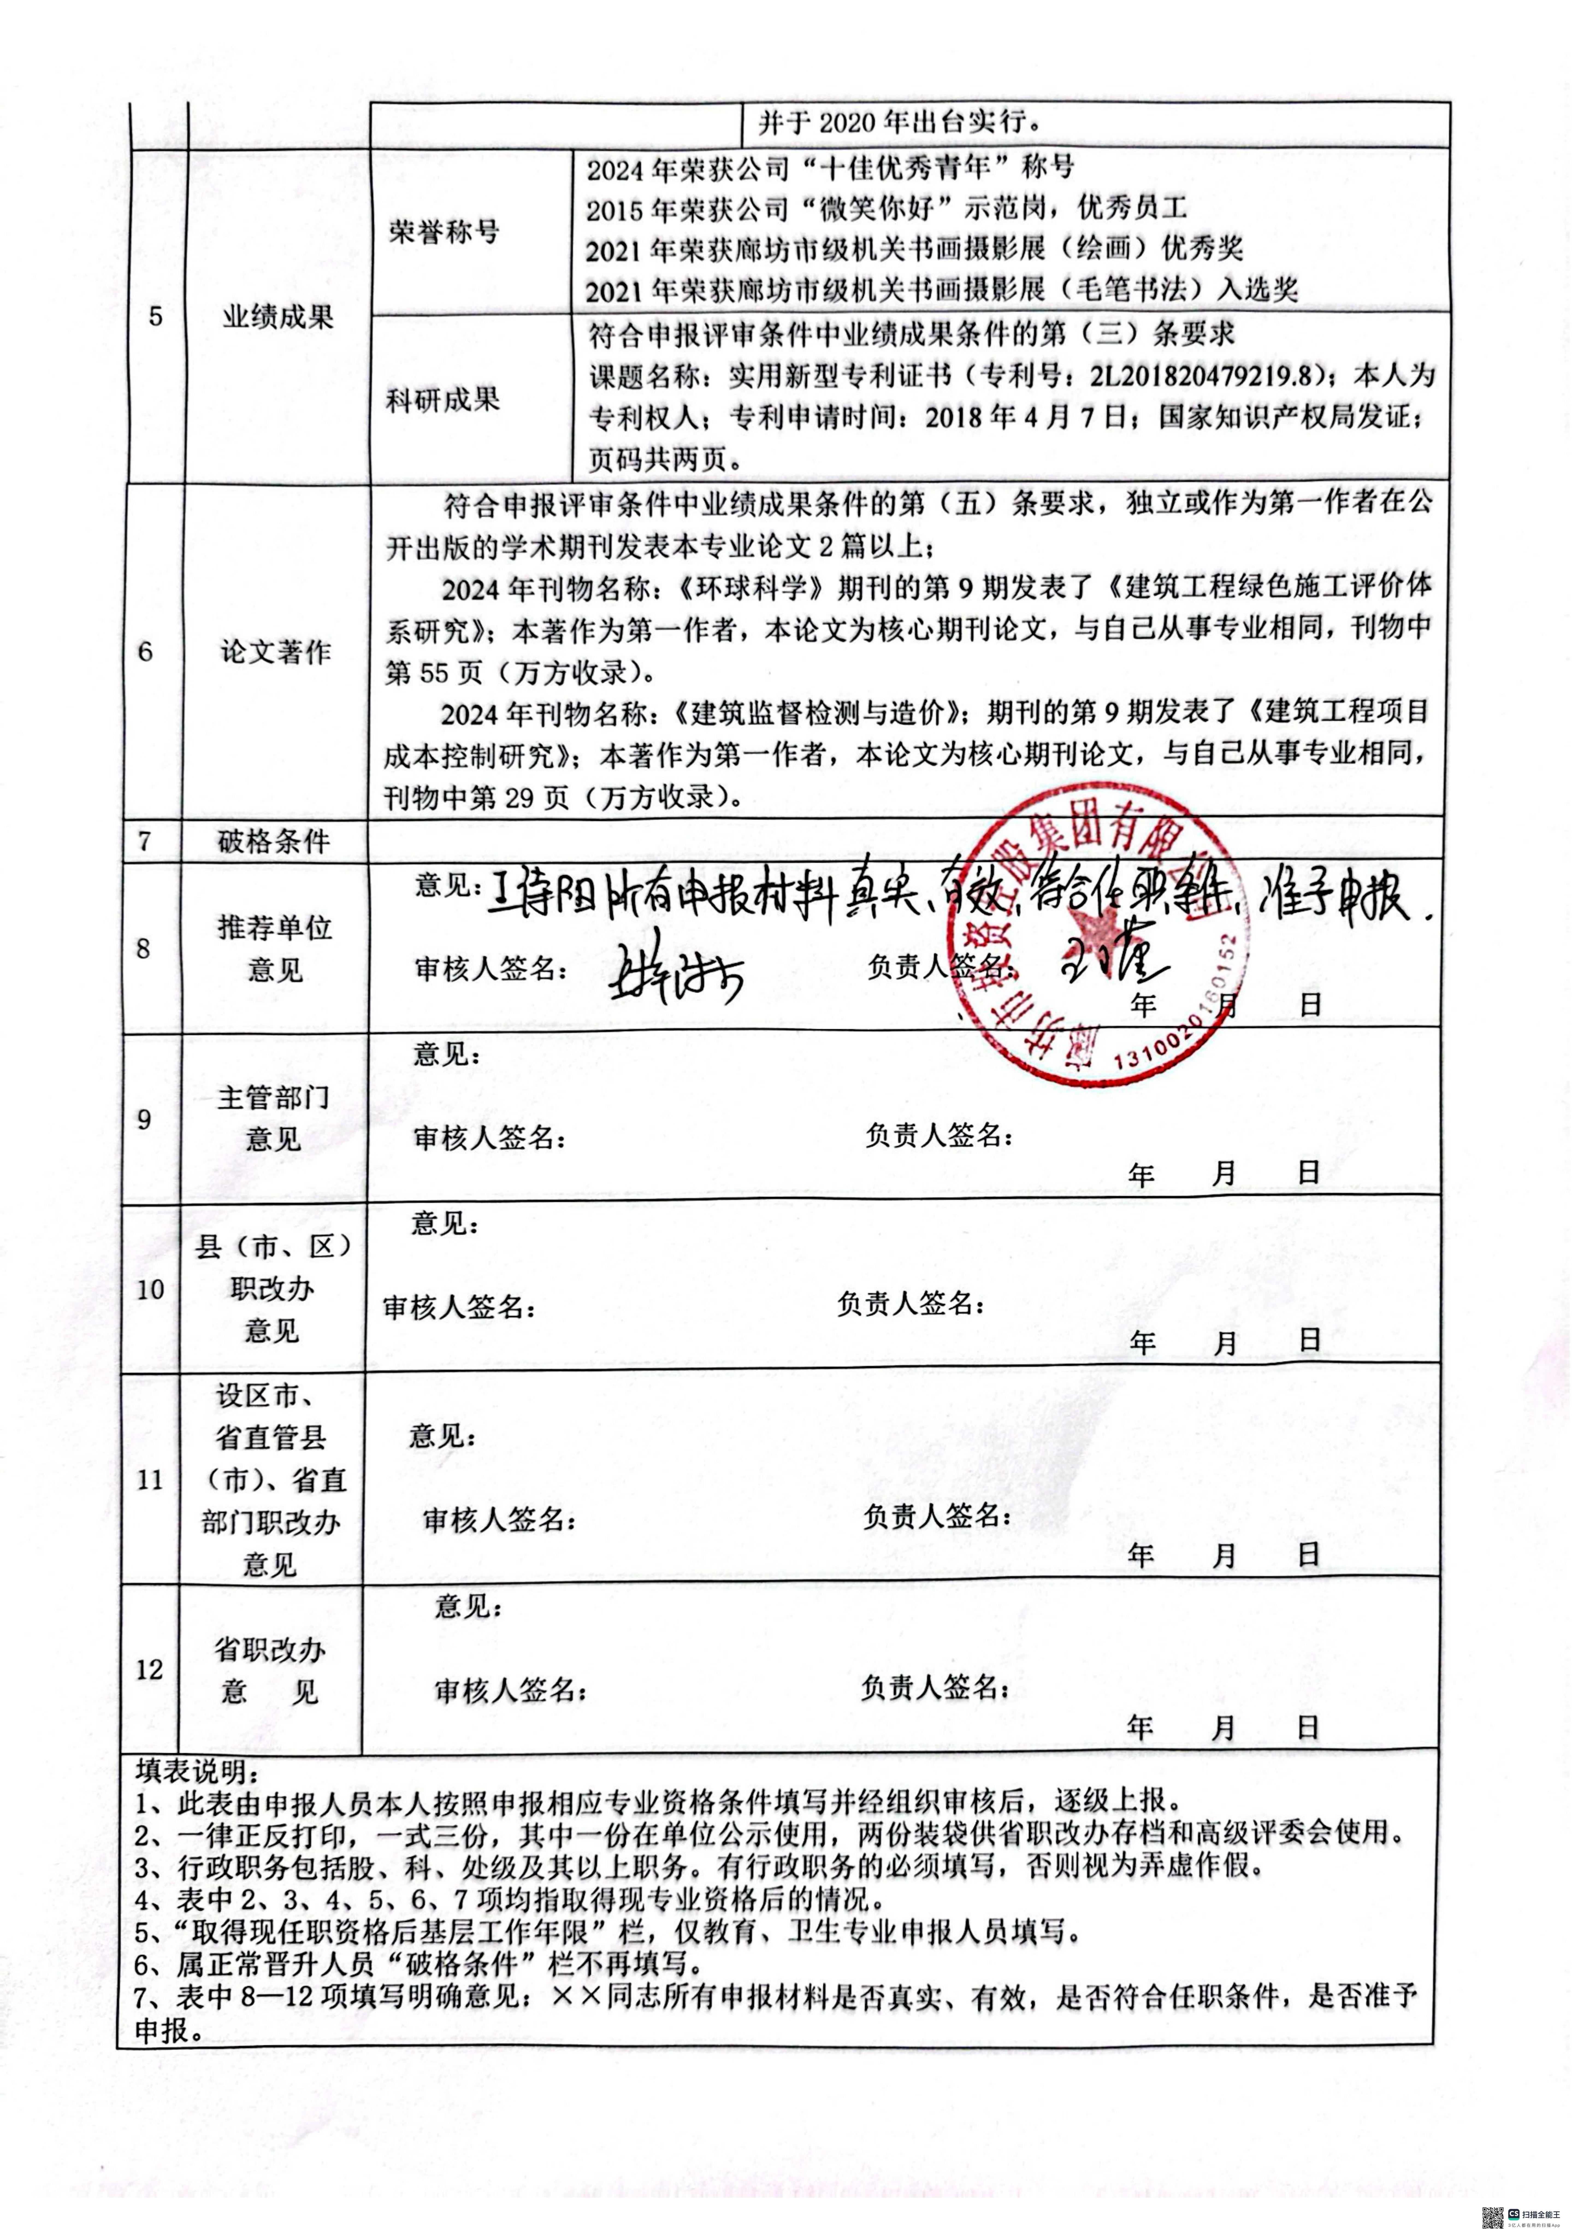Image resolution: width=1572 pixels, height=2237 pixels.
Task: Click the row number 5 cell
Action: [x=156, y=317]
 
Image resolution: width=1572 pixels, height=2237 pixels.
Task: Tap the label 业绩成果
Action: [x=277, y=317]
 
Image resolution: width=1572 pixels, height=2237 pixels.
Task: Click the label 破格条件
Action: [x=275, y=841]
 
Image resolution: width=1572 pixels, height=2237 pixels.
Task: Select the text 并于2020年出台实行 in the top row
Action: [x=896, y=124]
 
